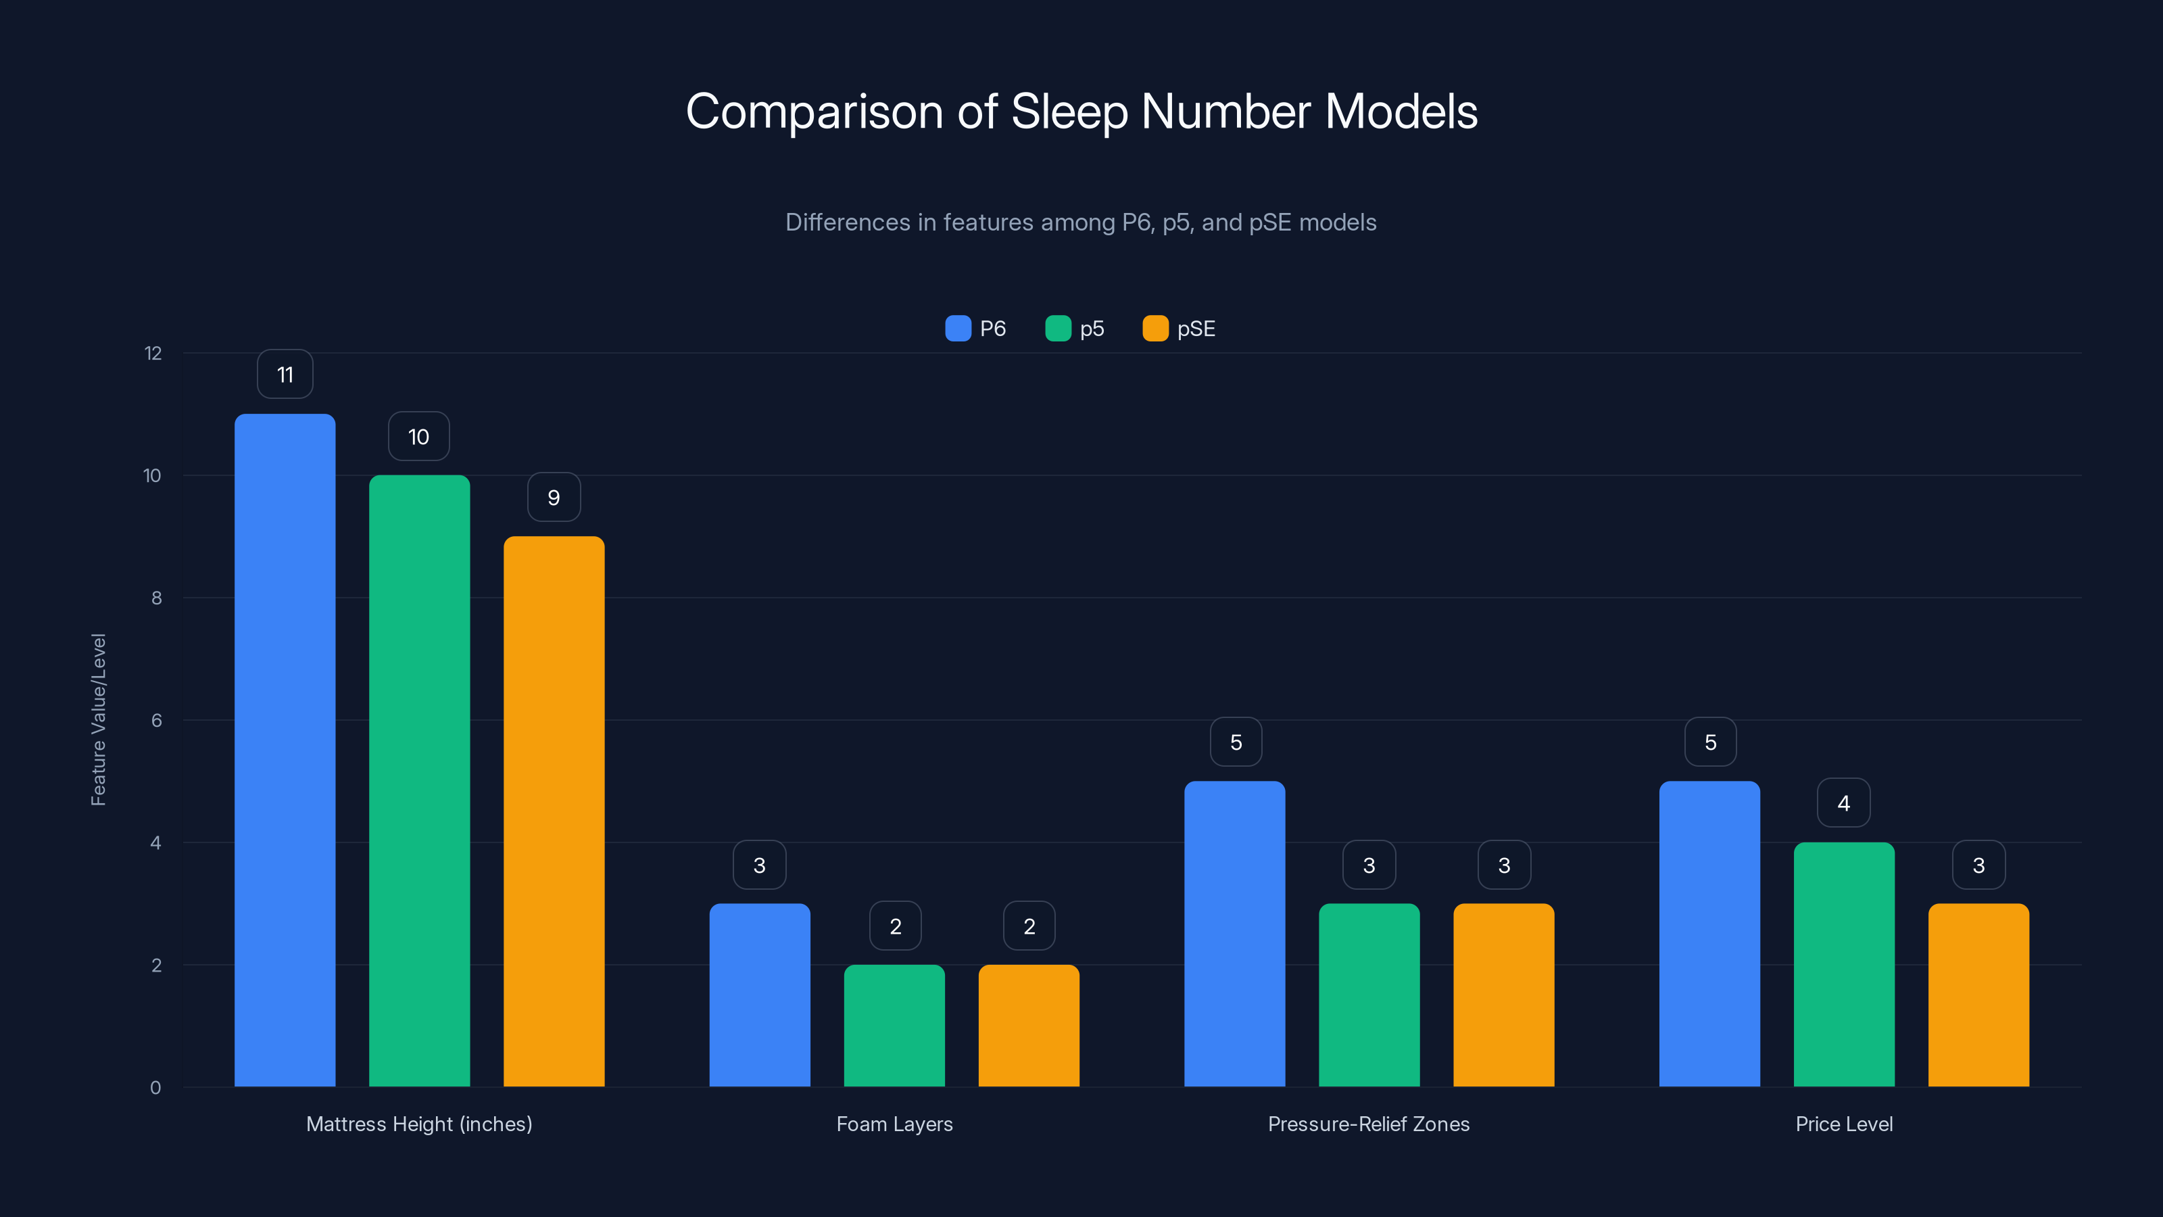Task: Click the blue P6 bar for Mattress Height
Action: pos(285,749)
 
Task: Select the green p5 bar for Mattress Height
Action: pos(419,780)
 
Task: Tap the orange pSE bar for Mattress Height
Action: pos(554,811)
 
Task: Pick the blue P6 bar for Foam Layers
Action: pos(759,995)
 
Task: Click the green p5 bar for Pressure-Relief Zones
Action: pos(1369,995)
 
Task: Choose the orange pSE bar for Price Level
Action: pos(1978,995)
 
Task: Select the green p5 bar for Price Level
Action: pos(1844,964)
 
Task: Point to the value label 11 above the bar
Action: pos(285,375)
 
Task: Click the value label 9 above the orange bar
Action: pos(554,497)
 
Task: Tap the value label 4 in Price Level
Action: pos(1844,803)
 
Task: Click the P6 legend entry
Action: pos(975,329)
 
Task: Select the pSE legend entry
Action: pos(1180,329)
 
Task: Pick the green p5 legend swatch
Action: pos(1058,329)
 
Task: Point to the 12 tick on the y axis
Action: pos(153,354)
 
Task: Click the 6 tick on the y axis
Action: pos(156,721)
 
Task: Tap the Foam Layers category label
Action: pos(894,1124)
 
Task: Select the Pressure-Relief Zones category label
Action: pos(1369,1124)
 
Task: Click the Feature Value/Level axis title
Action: pos(98,720)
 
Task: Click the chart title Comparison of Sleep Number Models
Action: pos(1081,112)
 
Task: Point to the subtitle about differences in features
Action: pos(1081,222)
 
